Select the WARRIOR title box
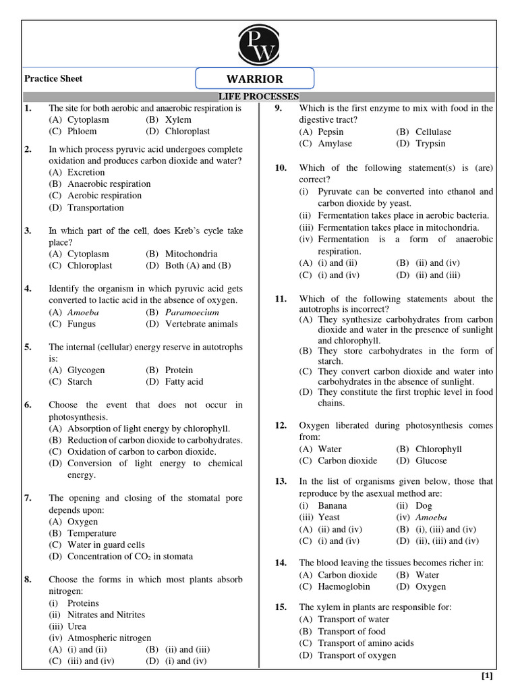(x=255, y=79)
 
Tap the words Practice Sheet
(x=53, y=78)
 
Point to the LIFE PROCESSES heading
(x=260, y=96)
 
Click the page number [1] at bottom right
(x=487, y=676)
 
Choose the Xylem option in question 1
(x=177, y=119)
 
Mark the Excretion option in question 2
(x=86, y=172)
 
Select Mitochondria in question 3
(x=191, y=254)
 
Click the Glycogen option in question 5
(x=86, y=370)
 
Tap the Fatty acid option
(x=183, y=381)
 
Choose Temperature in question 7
(x=91, y=533)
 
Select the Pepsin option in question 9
(x=330, y=132)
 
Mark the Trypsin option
(x=430, y=143)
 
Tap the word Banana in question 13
(x=333, y=505)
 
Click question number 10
(x=281, y=167)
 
